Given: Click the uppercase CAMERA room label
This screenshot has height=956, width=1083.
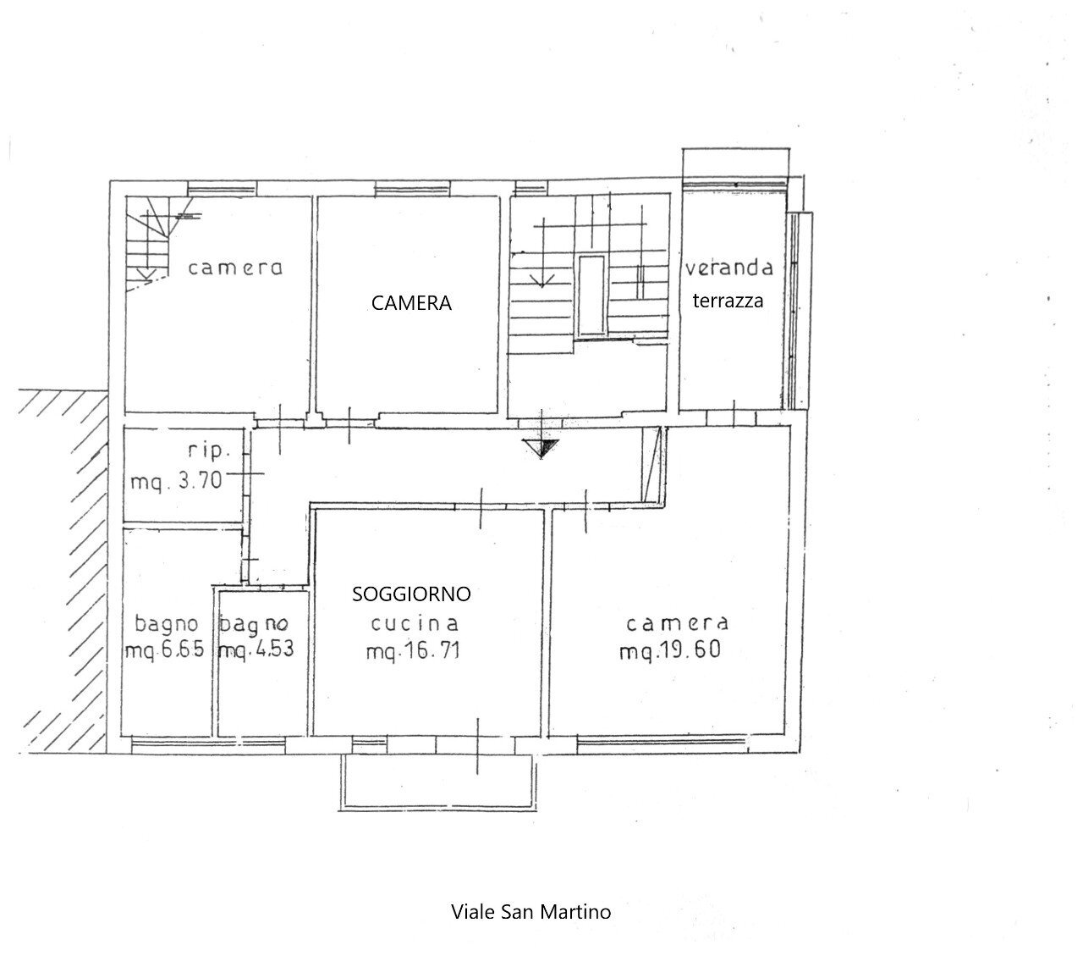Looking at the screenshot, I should point(411,303).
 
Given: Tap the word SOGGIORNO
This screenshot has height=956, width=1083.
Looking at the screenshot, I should point(411,594).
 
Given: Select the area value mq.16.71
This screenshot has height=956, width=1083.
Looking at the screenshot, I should point(413,652).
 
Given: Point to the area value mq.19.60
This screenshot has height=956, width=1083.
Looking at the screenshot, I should point(670,652).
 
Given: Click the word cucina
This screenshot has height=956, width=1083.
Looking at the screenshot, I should point(415,624).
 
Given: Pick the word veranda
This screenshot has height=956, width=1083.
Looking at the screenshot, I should point(729,268).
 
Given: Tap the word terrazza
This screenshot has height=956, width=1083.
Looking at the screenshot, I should point(728,300).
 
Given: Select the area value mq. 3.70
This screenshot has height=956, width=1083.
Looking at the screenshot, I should point(176,482).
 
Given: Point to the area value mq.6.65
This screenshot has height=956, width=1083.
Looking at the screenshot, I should point(166,652).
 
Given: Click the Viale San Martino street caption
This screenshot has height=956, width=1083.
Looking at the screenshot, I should point(531,912).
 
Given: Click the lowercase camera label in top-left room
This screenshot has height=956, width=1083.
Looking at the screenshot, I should point(235,268).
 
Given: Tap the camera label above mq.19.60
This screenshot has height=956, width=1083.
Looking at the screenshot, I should point(677,624).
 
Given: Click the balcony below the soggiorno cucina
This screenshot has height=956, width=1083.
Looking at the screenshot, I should point(437,782).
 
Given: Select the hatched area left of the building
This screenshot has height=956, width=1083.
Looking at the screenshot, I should point(63,567).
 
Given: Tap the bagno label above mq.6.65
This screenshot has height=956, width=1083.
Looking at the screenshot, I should point(167,624).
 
